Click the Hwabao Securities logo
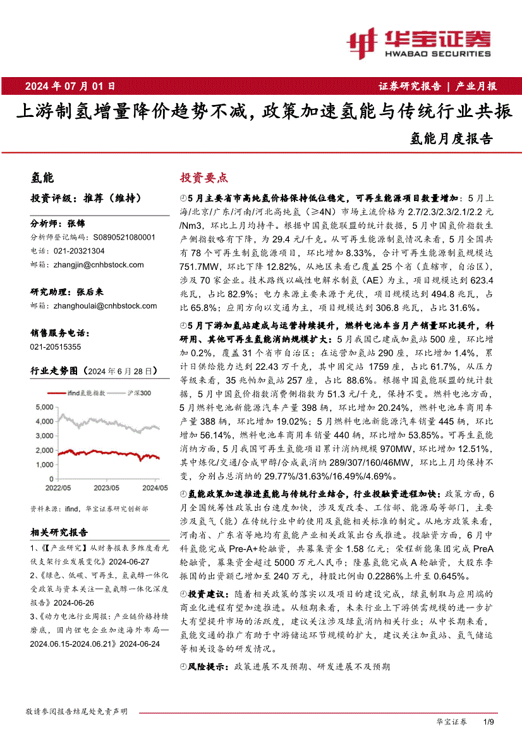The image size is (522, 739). pyautogui.click(x=419, y=41)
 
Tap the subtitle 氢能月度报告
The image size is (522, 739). pyautogui.click(x=451, y=137)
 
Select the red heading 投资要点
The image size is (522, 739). pyautogui.click(x=204, y=178)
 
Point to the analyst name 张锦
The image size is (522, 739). pyautogui.click(x=76, y=223)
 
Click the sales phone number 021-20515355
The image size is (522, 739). pyautogui.click(x=56, y=346)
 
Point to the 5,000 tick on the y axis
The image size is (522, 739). pyautogui.click(x=44, y=406)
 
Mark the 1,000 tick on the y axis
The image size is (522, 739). pyautogui.click(x=44, y=465)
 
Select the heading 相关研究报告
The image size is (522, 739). pyautogui.click(x=59, y=533)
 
